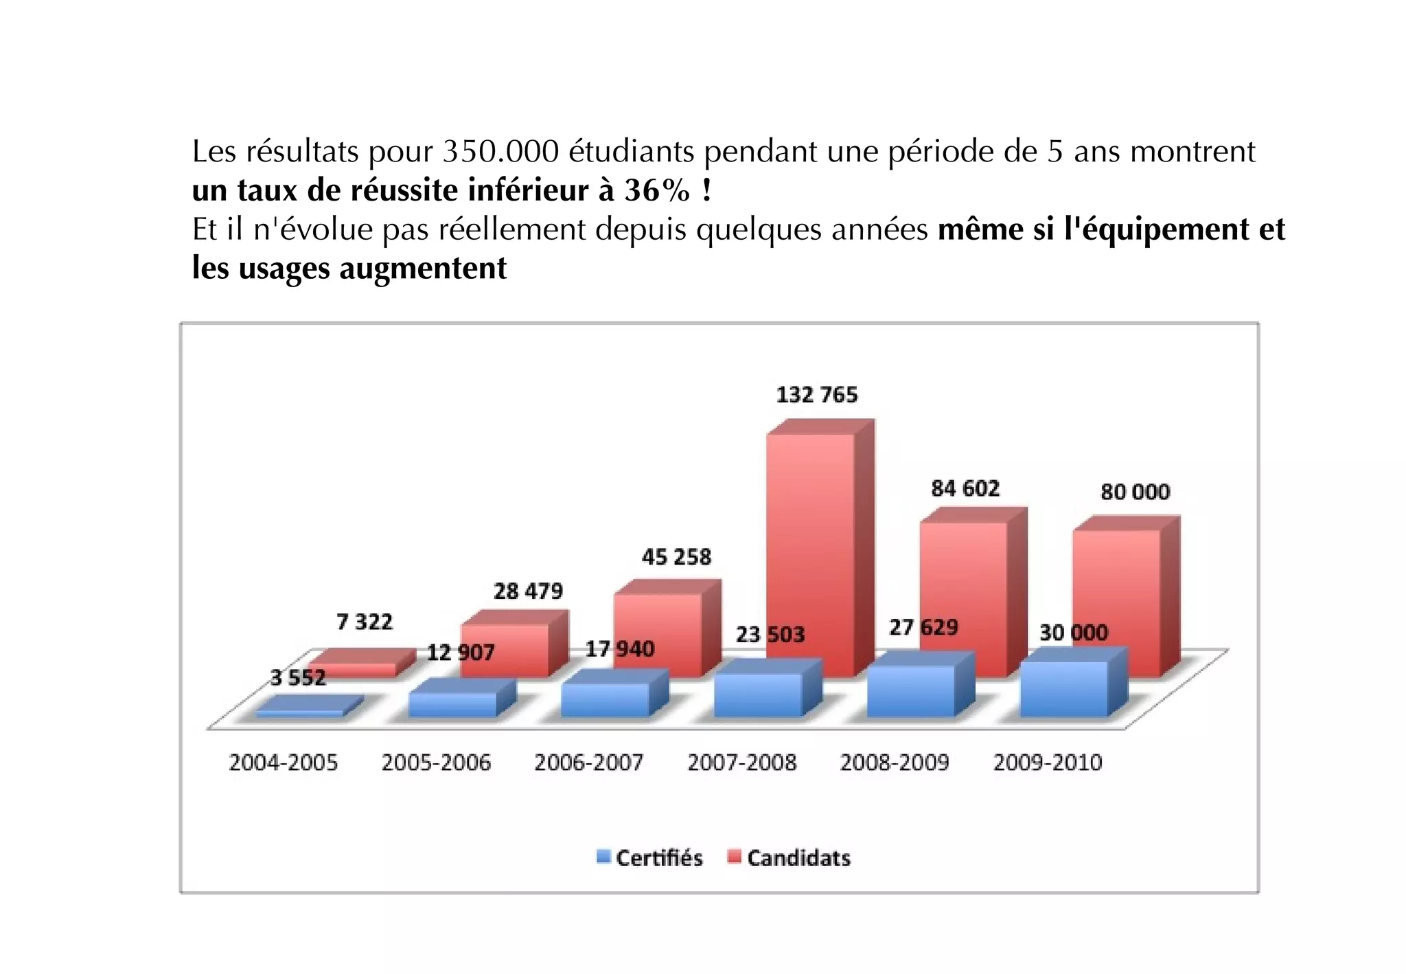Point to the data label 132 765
(x=816, y=395)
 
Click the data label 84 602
(x=965, y=488)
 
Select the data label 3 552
(x=297, y=678)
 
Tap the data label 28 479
(x=527, y=591)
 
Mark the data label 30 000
(x=1073, y=633)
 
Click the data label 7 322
(x=364, y=622)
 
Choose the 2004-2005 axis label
(x=283, y=762)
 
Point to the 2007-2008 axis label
(x=741, y=762)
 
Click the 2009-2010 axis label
(x=1047, y=762)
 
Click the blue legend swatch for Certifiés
(x=603, y=857)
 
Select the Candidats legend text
(x=798, y=858)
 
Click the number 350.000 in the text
(x=500, y=152)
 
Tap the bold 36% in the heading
(x=656, y=190)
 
